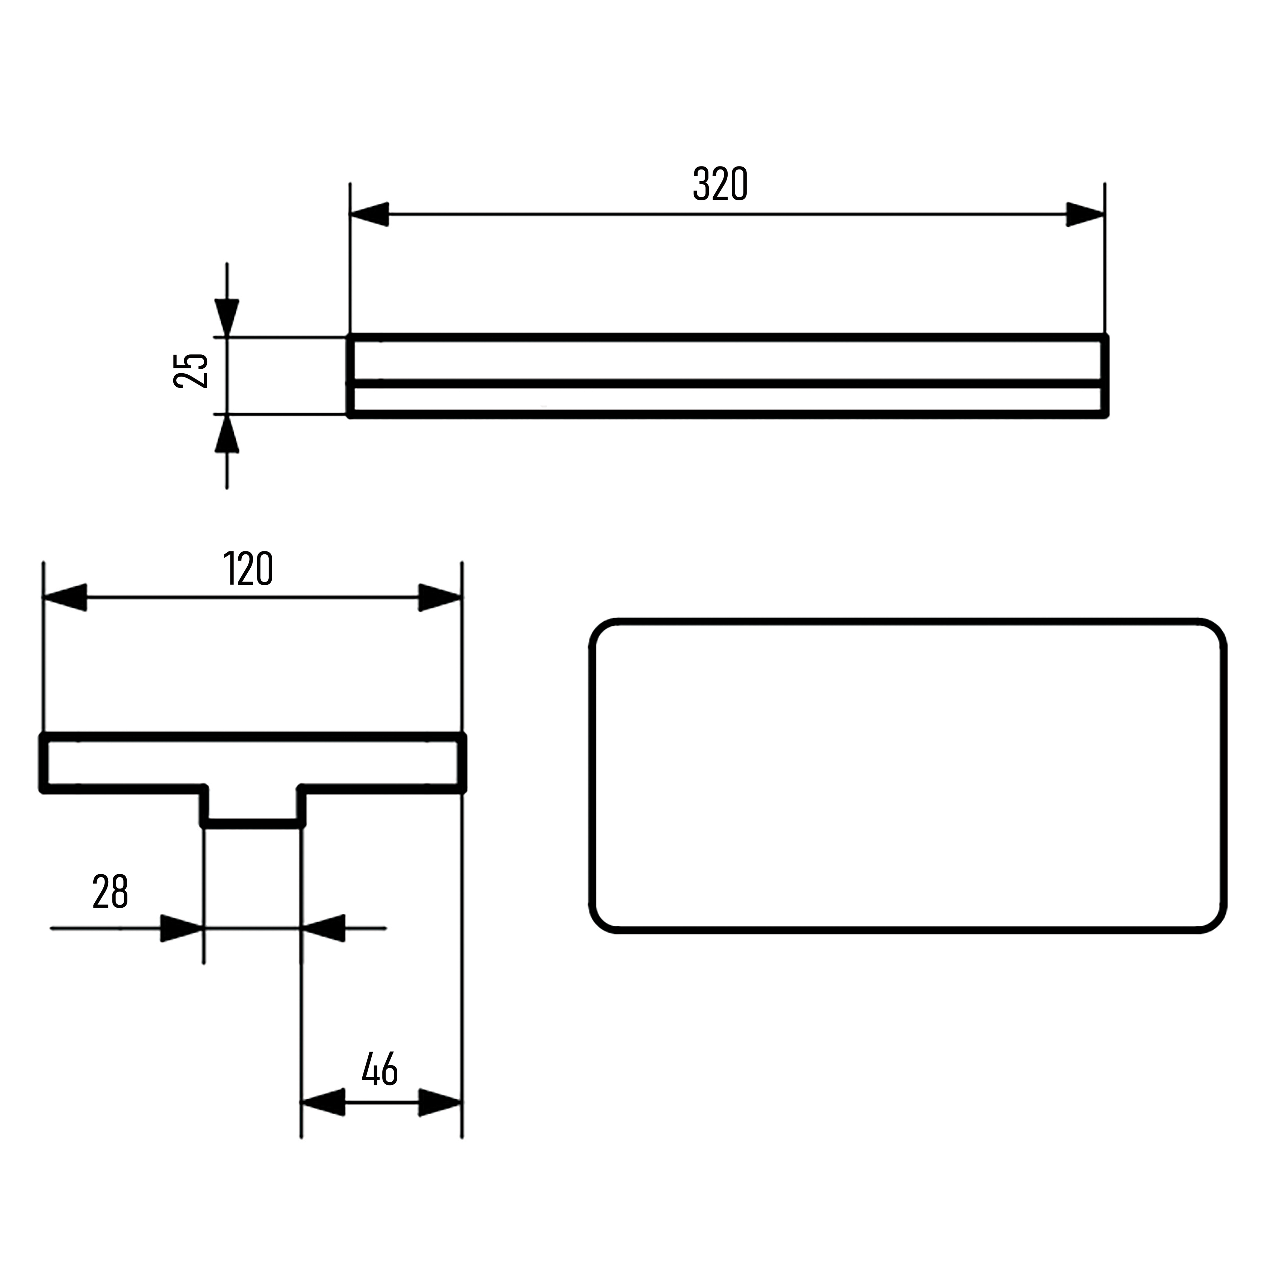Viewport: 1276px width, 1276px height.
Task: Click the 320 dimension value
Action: [x=720, y=184]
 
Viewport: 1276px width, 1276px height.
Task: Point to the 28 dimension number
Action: [x=110, y=892]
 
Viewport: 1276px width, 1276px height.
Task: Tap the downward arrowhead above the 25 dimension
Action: [x=227, y=318]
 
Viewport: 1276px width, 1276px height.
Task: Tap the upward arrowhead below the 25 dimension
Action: [x=227, y=434]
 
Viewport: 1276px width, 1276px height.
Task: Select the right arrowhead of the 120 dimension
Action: [x=440, y=598]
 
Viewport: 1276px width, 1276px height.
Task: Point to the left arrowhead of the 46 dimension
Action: [x=323, y=1102]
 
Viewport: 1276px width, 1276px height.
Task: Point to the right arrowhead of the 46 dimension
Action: [x=440, y=1102]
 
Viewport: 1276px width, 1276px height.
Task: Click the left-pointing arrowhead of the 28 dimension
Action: [x=324, y=929]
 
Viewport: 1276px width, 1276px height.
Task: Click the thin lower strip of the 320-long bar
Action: [x=727, y=400]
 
